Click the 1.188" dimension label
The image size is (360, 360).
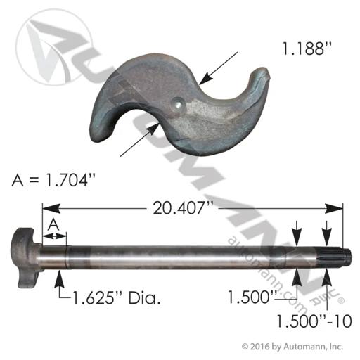307,49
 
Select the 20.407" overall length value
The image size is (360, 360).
183,208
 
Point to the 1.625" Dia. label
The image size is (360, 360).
117,297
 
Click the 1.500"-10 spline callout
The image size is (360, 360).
314,321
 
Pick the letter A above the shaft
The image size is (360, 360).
53,224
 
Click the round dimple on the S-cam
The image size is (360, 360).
178,103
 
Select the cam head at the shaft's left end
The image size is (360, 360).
25,257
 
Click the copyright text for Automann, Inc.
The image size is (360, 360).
292,346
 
